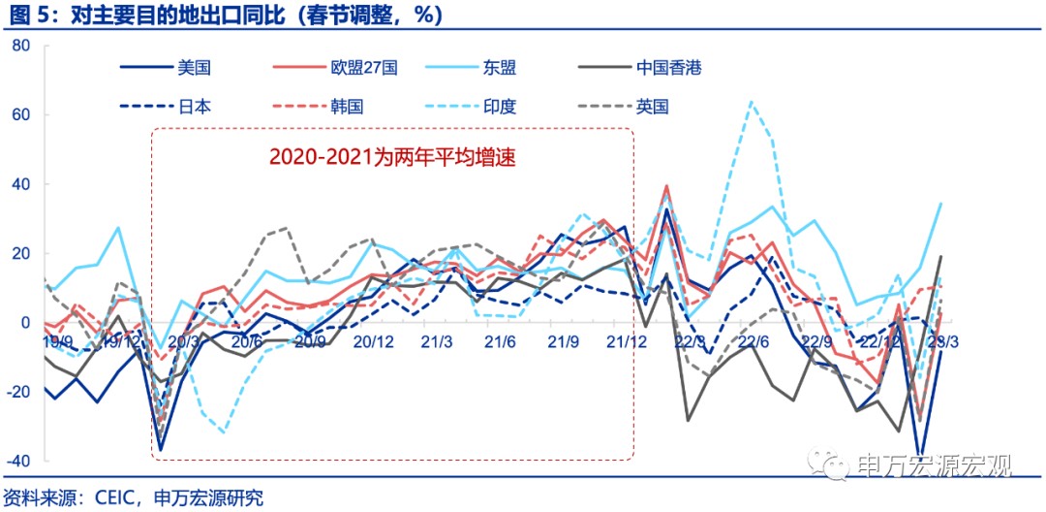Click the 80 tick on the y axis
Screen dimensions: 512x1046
pos(22,46)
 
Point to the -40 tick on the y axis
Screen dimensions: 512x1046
pos(19,462)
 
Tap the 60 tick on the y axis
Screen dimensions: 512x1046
pos(22,114)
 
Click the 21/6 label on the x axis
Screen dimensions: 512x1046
pos(500,342)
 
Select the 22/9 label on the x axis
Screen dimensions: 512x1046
pos(817,342)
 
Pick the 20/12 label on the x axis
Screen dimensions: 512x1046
pos(373,342)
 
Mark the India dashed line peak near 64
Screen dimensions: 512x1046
pos(750,101)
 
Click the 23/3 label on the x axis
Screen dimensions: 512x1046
pos(943,342)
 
